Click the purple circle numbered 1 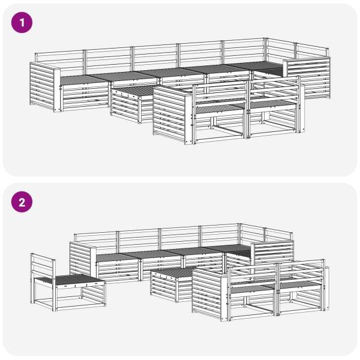click(22, 23)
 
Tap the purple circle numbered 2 click(22, 202)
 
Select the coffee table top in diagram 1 click(134, 91)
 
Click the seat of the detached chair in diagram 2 click(69, 280)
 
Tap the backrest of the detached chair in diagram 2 click(43, 264)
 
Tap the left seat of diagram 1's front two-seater click(219, 107)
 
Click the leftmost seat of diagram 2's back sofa click(117, 257)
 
